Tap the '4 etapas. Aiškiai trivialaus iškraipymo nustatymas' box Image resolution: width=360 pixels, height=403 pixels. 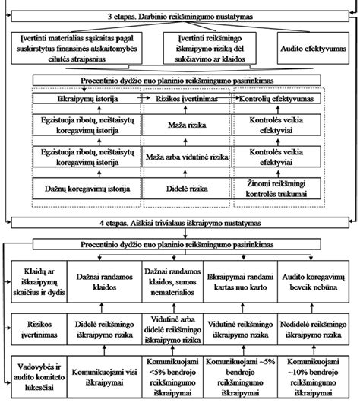(180, 224)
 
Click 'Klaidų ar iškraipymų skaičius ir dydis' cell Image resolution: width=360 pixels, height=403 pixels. (35, 282)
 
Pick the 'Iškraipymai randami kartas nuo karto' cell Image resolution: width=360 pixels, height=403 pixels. (242, 282)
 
